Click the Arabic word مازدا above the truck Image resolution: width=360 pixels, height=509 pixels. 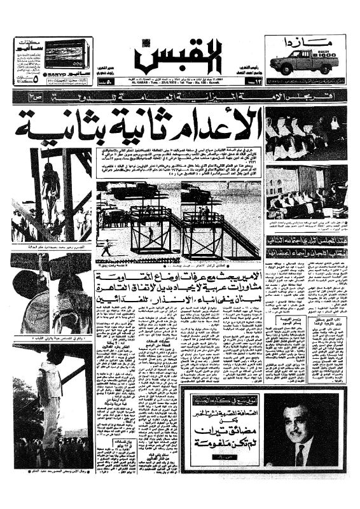pos(304,43)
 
